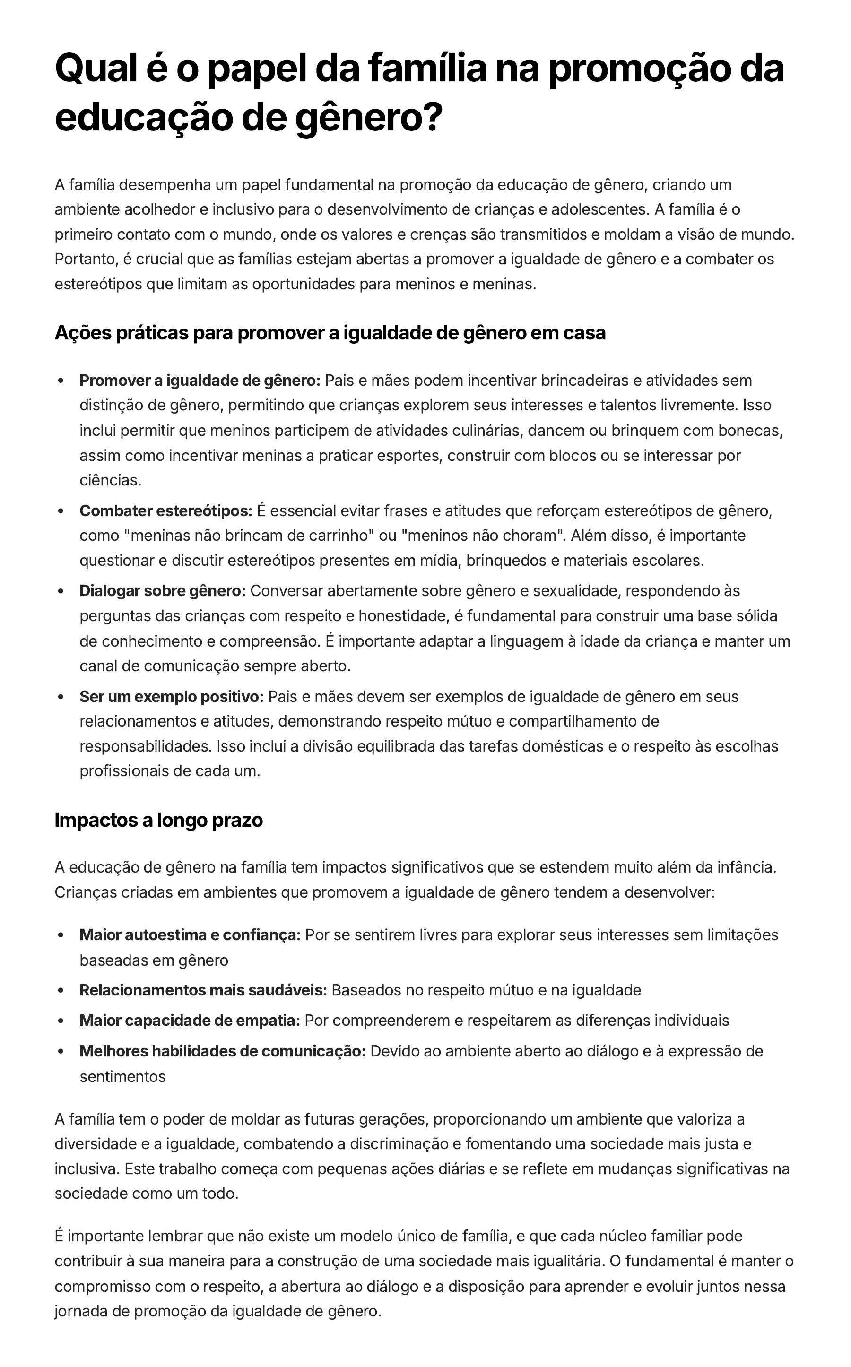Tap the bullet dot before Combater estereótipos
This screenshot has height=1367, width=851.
pos(61,511)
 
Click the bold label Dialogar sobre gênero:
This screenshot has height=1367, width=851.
pos(163,591)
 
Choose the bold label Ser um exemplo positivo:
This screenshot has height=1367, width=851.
pos(172,697)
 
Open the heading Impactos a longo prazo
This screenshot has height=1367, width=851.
pos(159,820)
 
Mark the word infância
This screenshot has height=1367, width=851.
pos(747,867)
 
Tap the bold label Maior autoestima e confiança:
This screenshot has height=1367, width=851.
pos(190,935)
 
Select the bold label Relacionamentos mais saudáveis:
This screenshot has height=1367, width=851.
pos(203,990)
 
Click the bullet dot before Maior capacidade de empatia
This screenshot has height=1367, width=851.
pos(61,1021)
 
